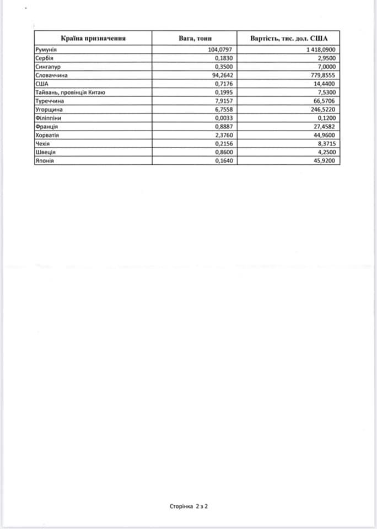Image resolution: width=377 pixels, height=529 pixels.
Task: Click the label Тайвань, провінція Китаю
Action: (69, 92)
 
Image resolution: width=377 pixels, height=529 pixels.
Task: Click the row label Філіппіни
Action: (47, 118)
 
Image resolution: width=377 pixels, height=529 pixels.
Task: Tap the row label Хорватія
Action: (47, 135)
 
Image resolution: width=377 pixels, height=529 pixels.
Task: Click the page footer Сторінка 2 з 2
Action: (188, 505)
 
